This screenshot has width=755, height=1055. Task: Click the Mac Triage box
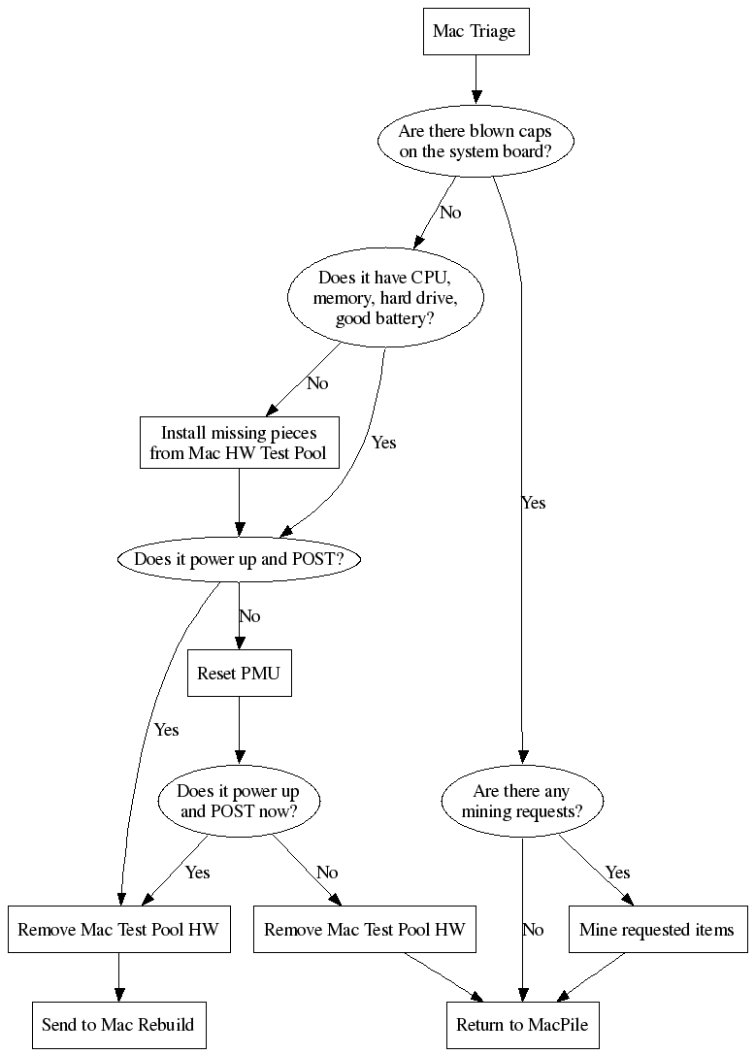pos(475,32)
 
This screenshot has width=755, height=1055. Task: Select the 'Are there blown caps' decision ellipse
pos(475,142)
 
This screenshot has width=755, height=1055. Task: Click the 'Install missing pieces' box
pos(239,443)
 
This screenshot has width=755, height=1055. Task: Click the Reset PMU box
pos(239,673)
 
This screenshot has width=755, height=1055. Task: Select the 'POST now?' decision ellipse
pos(239,801)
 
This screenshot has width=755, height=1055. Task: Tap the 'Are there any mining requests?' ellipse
pos(522,801)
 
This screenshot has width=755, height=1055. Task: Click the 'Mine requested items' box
pos(657,930)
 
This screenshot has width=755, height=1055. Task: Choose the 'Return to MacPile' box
pos(522,1024)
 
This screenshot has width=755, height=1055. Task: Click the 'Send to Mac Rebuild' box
pos(118,1024)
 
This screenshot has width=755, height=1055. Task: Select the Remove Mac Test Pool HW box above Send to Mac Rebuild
pos(118,930)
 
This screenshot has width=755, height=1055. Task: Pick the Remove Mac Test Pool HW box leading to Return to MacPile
pos(364,930)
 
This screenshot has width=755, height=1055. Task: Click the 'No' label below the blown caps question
pos(450,212)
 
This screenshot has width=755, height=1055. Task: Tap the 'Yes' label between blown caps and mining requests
pos(534,503)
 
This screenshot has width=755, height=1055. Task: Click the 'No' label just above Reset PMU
pos(249,616)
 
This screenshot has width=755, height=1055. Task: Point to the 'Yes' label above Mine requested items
pos(617,873)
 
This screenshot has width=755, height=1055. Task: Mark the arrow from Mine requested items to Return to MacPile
pos(591,976)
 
